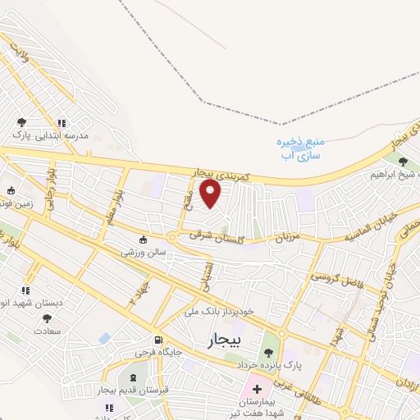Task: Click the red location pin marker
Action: [212, 194]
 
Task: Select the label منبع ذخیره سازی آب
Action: [298, 148]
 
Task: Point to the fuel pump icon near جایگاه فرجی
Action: [157, 339]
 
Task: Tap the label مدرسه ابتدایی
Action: [80, 136]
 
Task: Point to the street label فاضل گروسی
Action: [338, 277]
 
